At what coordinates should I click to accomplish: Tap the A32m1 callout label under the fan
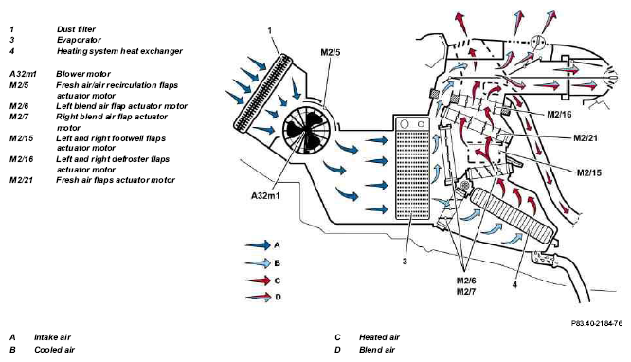[x=265, y=196]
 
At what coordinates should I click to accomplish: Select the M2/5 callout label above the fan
[x=331, y=53]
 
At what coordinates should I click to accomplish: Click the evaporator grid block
[x=412, y=168]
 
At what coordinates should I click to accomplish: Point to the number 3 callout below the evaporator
[x=405, y=262]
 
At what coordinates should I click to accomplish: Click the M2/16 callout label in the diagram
[x=559, y=115]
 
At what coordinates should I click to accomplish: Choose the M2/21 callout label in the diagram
[x=586, y=138]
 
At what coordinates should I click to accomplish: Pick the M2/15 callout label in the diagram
[x=589, y=172]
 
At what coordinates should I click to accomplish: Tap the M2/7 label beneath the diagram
[x=465, y=291]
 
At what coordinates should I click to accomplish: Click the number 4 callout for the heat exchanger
[x=514, y=284]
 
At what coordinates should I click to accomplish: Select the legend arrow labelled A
[x=258, y=244]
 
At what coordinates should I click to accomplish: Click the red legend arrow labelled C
[x=258, y=281]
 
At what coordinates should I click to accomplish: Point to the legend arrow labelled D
[x=258, y=298]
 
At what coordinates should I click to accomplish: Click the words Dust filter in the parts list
[x=76, y=29]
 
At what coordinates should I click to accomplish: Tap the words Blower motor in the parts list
[x=83, y=74]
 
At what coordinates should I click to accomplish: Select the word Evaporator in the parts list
[x=79, y=40]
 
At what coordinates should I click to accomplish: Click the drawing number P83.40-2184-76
[x=597, y=323]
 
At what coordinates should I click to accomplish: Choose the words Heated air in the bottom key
[x=379, y=337]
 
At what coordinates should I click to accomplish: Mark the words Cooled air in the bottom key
[x=54, y=350]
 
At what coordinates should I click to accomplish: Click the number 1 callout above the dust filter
[x=270, y=30]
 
